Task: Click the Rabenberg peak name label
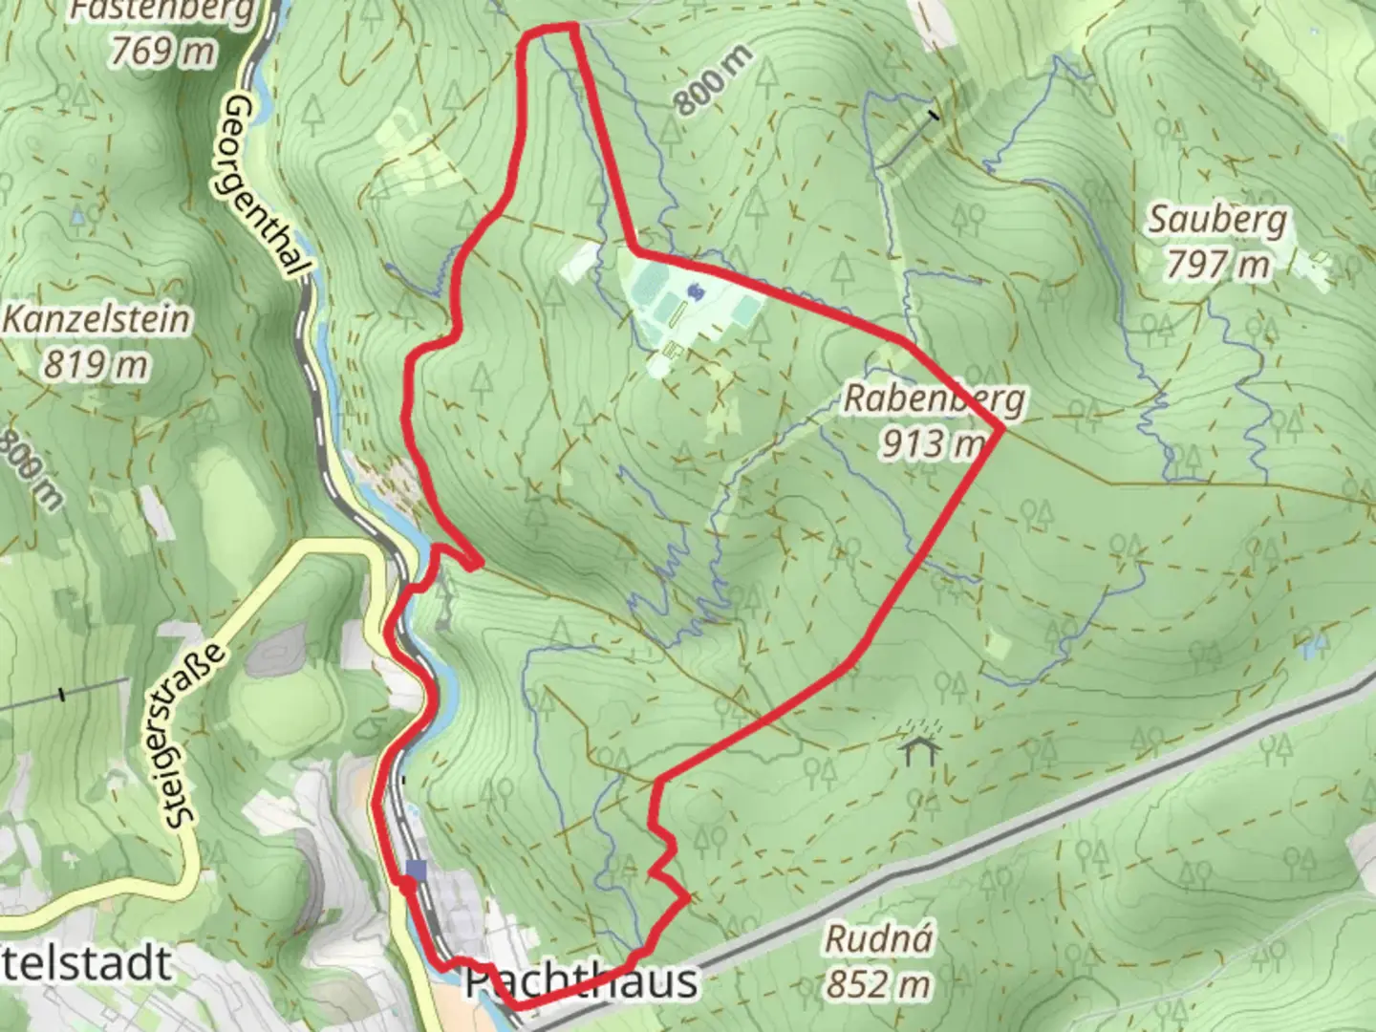tap(933, 398)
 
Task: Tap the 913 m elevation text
tap(932, 442)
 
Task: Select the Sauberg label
tap(1216, 220)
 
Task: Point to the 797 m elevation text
tap(1216, 264)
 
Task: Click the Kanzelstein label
tap(96, 319)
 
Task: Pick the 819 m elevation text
tap(96, 364)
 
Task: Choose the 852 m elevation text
tap(877, 983)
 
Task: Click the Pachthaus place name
tap(581, 981)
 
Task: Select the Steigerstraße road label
tap(195, 734)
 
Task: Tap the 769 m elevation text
tap(162, 51)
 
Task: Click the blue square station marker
tap(416, 870)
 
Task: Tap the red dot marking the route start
tap(408, 887)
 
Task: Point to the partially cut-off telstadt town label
tap(86, 963)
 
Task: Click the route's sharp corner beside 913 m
tap(1000, 430)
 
